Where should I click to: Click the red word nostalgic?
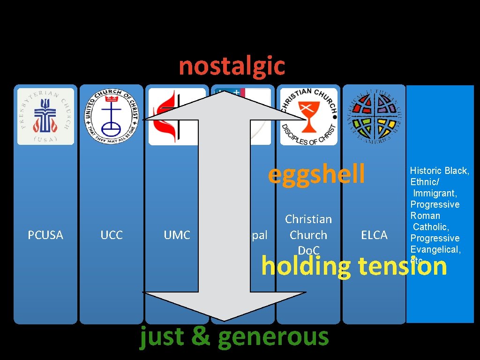click(232, 66)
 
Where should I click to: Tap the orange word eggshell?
click(316, 174)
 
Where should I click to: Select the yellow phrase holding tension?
click(354, 266)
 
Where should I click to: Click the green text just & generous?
click(234, 337)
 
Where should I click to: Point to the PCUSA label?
click(45, 235)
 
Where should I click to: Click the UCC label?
click(112, 235)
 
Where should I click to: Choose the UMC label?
click(177, 235)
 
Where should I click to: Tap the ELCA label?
click(374, 235)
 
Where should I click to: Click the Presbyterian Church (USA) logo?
click(46, 116)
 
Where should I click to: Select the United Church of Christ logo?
click(112, 116)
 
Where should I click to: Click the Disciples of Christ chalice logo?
click(308, 116)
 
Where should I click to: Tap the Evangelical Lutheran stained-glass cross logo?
click(374, 116)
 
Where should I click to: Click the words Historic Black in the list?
click(439, 171)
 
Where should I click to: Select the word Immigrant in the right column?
click(435, 193)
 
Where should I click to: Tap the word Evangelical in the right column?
click(435, 249)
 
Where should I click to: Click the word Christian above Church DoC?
click(308, 219)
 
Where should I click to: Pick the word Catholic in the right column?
click(431, 227)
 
